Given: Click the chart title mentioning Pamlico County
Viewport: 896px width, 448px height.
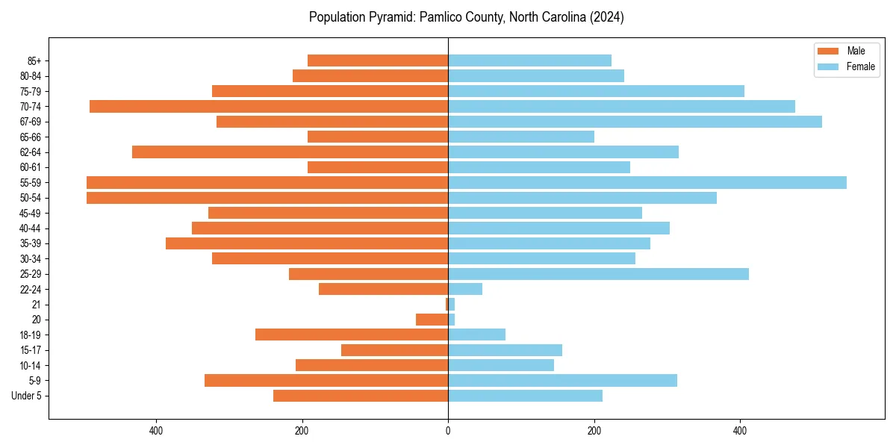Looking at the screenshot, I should pyautogui.click(x=466, y=17).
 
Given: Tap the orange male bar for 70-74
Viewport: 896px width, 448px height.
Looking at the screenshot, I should pyautogui.click(x=269, y=107).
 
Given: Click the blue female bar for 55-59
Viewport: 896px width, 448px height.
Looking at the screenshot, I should pyautogui.click(x=647, y=183).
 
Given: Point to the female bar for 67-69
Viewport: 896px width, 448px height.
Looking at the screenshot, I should pyautogui.click(x=635, y=122).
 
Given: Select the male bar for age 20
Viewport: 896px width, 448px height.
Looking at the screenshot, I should pyautogui.click(x=432, y=320).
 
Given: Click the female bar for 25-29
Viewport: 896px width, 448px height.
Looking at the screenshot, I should pyautogui.click(x=598, y=274).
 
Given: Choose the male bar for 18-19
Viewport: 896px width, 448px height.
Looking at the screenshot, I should pyautogui.click(x=352, y=335).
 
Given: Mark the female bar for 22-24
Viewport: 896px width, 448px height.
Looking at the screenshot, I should pyautogui.click(x=465, y=289).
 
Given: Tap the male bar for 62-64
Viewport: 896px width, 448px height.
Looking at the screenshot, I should pyautogui.click(x=290, y=152).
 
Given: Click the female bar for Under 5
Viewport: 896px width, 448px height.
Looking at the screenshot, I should pyautogui.click(x=525, y=396).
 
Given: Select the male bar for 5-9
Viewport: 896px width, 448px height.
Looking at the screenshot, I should pyautogui.click(x=326, y=381).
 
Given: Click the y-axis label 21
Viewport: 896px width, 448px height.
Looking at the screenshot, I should pyautogui.click(x=36, y=305).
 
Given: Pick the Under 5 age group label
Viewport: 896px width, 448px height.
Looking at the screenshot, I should pyautogui.click(x=27, y=396).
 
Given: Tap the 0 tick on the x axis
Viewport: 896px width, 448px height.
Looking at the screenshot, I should pyautogui.click(x=448, y=431).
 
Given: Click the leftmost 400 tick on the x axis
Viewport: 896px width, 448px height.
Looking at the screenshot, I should pyautogui.click(x=156, y=431).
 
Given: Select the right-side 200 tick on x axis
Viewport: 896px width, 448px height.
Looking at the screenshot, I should pyautogui.click(x=594, y=431).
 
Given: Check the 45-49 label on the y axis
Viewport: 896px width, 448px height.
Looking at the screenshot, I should pyautogui.click(x=31, y=214).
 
